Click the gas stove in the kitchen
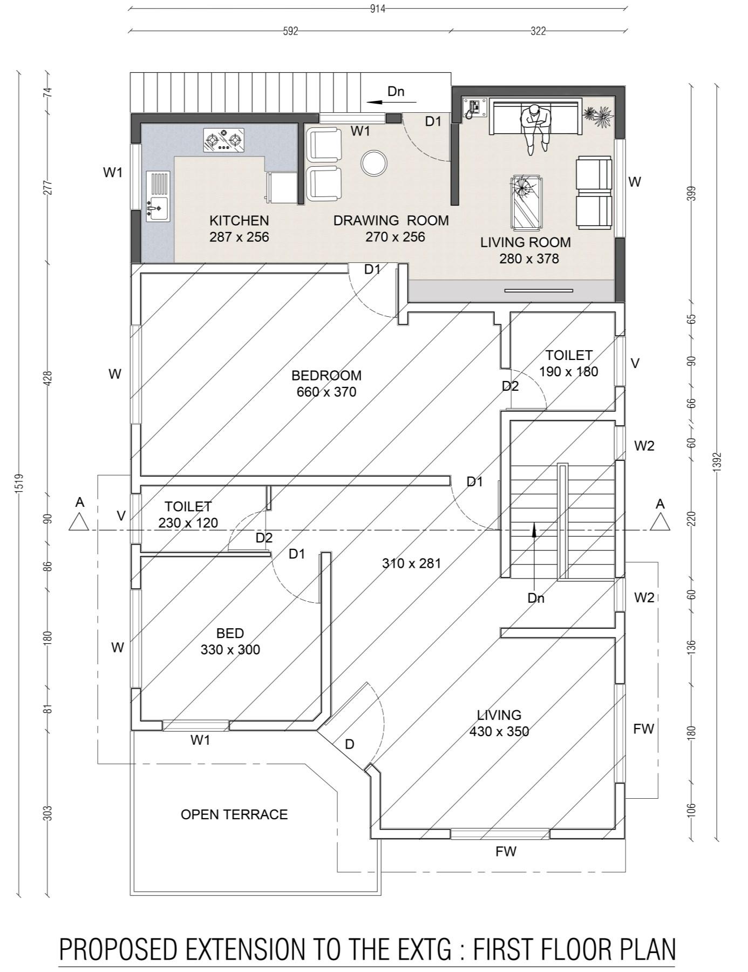[223, 140]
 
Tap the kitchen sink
[158, 196]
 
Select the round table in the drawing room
[373, 163]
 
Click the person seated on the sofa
[536, 127]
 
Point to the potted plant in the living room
[599, 116]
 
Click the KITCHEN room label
[239, 220]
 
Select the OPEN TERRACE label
[234, 814]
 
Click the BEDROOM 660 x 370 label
[327, 384]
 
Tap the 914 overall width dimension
[378, 9]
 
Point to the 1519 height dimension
[19, 483]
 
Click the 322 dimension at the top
[538, 31]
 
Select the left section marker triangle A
[79, 522]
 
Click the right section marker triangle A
[660, 522]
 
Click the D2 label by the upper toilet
[510, 386]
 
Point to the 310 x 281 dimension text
[411, 563]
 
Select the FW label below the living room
[506, 852]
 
